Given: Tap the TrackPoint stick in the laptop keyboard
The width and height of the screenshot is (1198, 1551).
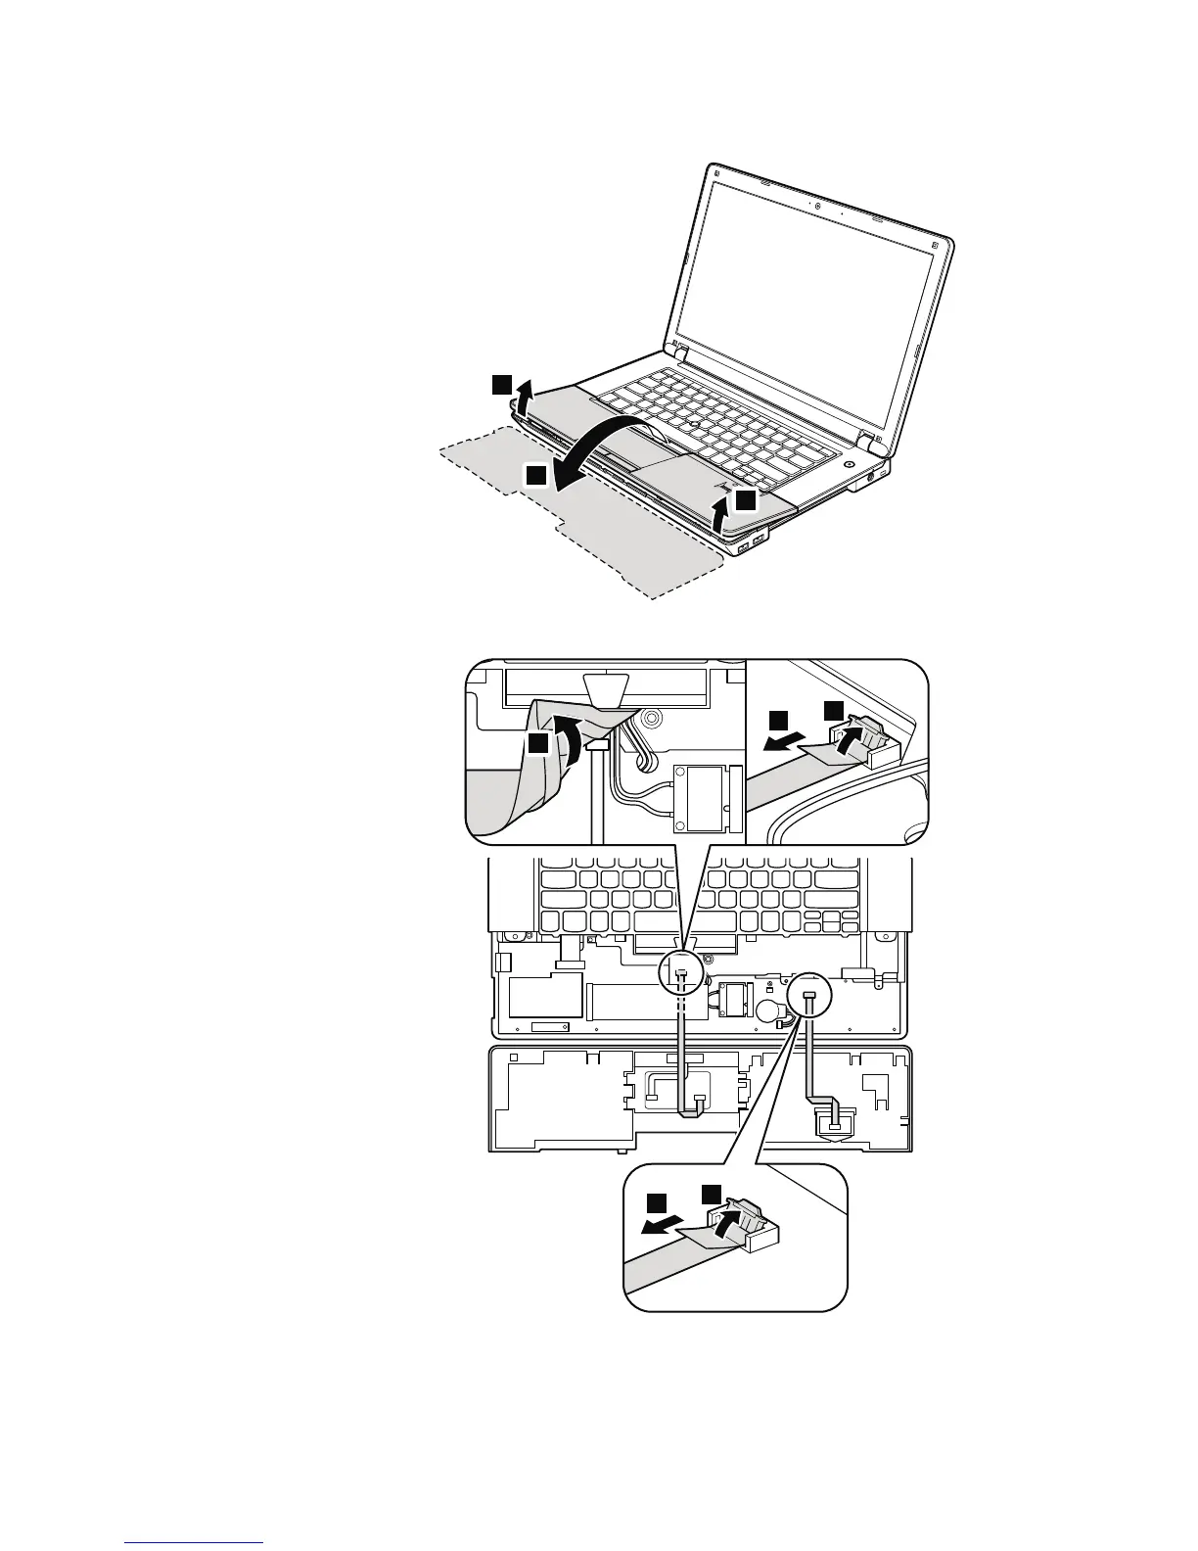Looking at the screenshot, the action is [x=692, y=422].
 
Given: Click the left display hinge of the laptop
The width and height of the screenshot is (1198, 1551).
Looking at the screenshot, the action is [x=679, y=350].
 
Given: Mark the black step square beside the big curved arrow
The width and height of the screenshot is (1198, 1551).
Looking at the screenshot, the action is [x=534, y=476].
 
